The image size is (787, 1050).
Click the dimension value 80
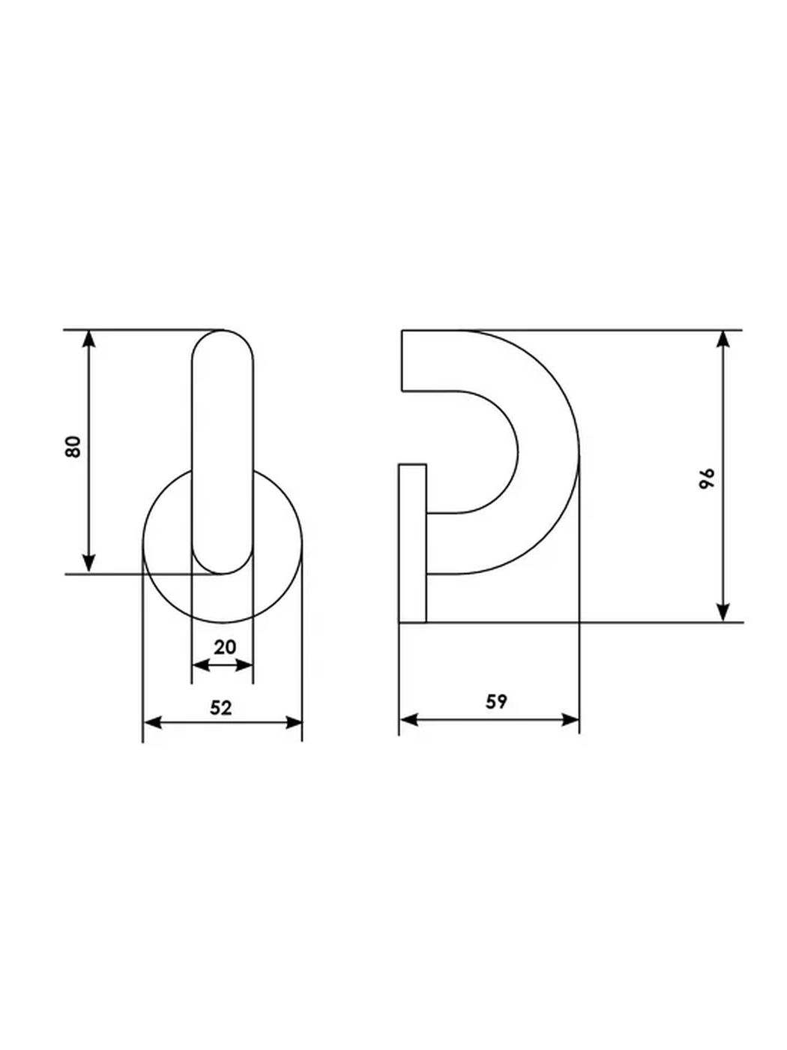73,447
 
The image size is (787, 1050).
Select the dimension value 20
225,647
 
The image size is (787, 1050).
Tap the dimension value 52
221,708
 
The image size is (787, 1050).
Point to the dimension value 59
496,702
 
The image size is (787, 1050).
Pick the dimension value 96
706,478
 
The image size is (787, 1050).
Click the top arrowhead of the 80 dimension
89,339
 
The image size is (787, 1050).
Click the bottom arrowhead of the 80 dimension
89,563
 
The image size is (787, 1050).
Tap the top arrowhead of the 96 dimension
723,339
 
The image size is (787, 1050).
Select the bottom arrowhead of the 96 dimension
723,613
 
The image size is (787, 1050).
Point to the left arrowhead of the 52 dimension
153,722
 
